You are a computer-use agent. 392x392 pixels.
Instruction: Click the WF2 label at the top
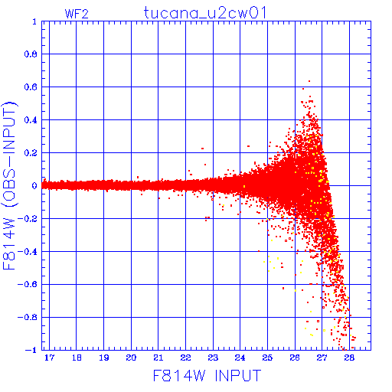click(77, 14)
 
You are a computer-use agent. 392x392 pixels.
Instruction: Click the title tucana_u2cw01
click(205, 13)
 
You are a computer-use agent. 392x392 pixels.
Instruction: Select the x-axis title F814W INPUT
click(207, 375)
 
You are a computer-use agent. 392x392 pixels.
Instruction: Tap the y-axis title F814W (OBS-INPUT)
click(9, 185)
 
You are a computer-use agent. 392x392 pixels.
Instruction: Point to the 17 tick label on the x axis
click(49, 358)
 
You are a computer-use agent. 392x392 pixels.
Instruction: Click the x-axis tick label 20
click(131, 358)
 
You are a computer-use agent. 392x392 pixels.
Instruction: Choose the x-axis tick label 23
click(213, 358)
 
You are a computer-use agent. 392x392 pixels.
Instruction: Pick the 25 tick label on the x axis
click(267, 358)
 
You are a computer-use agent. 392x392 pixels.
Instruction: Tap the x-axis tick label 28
click(349, 358)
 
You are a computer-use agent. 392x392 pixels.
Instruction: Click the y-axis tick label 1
click(34, 21)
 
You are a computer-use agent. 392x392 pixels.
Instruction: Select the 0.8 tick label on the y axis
click(31, 54)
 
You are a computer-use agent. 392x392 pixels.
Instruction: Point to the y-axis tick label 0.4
click(31, 120)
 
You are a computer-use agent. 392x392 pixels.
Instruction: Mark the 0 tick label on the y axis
click(34, 185)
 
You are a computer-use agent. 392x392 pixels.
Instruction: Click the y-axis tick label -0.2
click(28, 219)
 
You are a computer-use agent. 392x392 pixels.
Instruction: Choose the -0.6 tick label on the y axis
click(28, 284)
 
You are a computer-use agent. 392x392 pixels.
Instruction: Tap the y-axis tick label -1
click(31, 350)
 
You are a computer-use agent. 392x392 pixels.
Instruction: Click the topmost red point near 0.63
click(309, 81)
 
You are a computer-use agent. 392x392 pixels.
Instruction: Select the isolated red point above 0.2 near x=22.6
click(203, 149)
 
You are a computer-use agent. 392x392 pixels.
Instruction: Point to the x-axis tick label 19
click(104, 358)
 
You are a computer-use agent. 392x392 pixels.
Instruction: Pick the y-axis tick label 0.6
click(31, 87)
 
